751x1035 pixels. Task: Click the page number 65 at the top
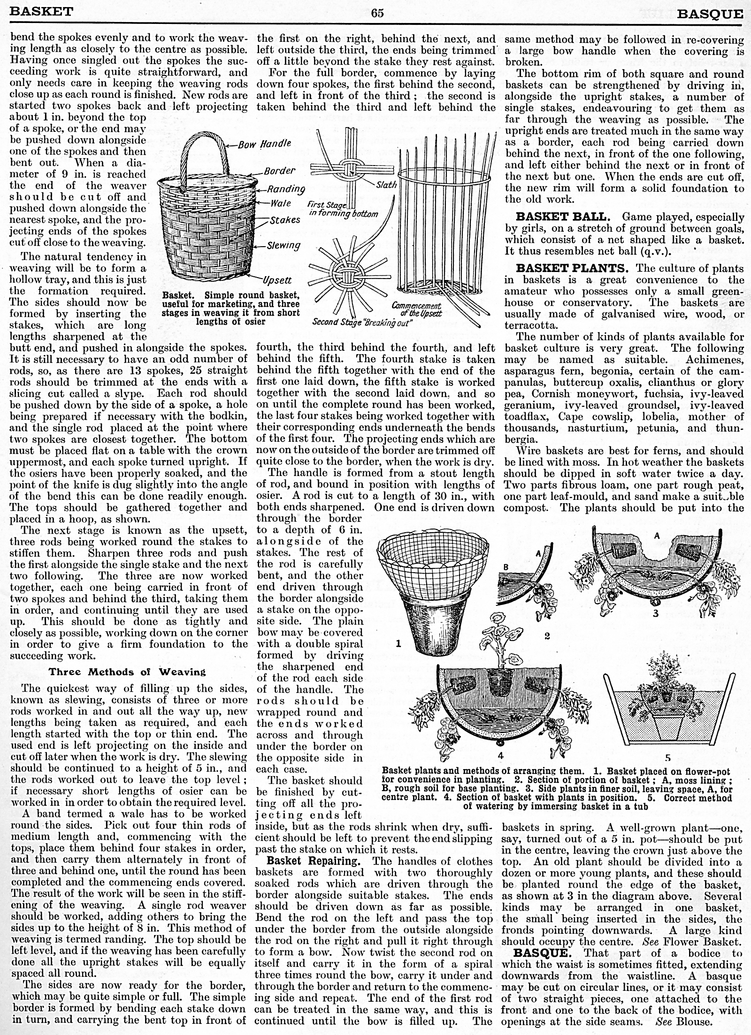377,13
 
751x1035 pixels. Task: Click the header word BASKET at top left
41,11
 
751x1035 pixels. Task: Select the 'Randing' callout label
286,189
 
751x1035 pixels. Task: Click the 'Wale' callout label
281,204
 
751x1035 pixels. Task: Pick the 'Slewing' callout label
284,245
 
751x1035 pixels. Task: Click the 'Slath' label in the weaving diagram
386,185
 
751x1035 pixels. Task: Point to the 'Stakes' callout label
285,219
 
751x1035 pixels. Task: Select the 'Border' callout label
279,171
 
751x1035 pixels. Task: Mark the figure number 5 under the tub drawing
668,757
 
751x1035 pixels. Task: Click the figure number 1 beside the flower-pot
398,644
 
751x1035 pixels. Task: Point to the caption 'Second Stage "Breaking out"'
362,323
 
